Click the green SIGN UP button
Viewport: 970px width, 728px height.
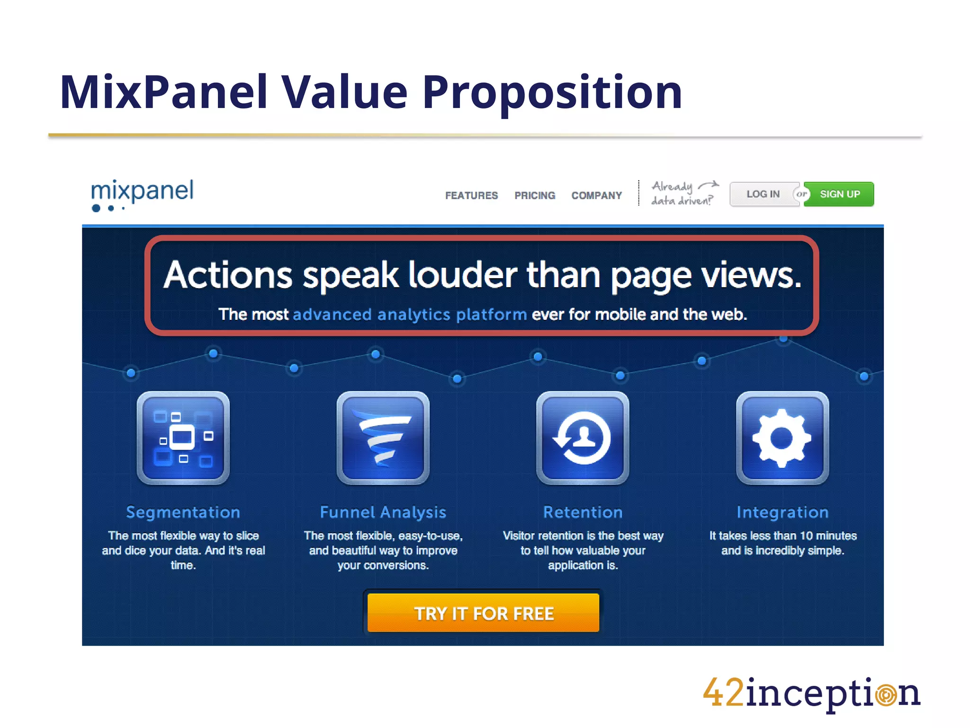coord(840,194)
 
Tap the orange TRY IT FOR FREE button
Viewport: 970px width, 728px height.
coord(484,613)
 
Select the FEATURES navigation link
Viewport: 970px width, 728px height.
coord(471,195)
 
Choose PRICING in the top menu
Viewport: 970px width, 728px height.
coord(535,195)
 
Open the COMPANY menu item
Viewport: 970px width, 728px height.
coord(596,195)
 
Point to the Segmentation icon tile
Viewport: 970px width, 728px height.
coord(183,437)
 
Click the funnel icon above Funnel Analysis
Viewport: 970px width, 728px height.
coord(383,437)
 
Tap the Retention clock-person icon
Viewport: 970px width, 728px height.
coord(583,437)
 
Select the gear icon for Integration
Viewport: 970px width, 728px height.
coord(782,437)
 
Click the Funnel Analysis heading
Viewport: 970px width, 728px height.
coord(383,512)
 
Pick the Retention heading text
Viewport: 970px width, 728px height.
coord(583,512)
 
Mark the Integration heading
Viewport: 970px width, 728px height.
coord(782,512)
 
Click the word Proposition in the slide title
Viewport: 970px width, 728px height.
coord(552,92)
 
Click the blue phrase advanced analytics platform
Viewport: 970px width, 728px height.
coord(410,314)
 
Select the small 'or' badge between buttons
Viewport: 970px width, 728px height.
coord(801,194)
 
